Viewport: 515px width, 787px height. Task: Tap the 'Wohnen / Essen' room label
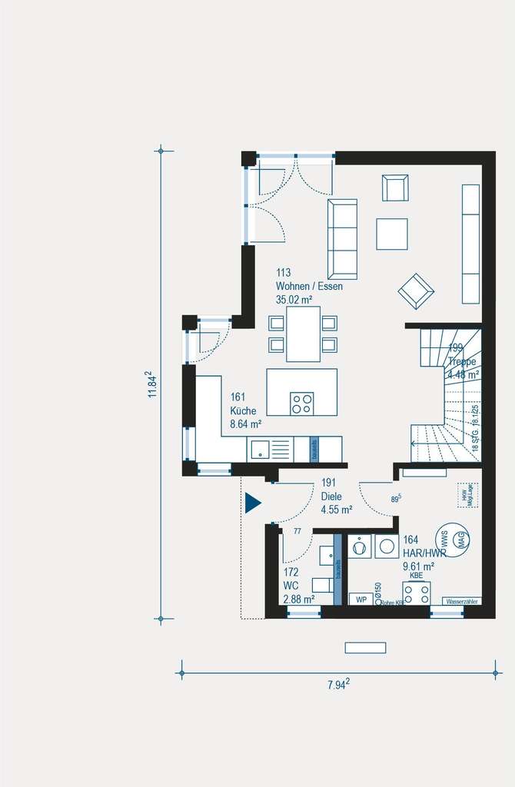309,286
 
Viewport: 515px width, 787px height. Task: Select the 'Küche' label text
244,410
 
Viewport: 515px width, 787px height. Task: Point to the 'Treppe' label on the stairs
463,361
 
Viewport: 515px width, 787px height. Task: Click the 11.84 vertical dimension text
153,384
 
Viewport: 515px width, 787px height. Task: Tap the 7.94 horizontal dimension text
337,683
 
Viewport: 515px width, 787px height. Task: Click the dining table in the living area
303,334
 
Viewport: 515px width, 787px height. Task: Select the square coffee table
392,234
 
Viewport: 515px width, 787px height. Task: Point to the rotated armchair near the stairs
416,291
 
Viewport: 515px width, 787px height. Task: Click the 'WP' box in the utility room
360,599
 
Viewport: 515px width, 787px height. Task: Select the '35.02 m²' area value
295,299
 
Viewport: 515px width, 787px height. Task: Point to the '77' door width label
297,531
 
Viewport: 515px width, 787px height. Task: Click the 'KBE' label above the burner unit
416,575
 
